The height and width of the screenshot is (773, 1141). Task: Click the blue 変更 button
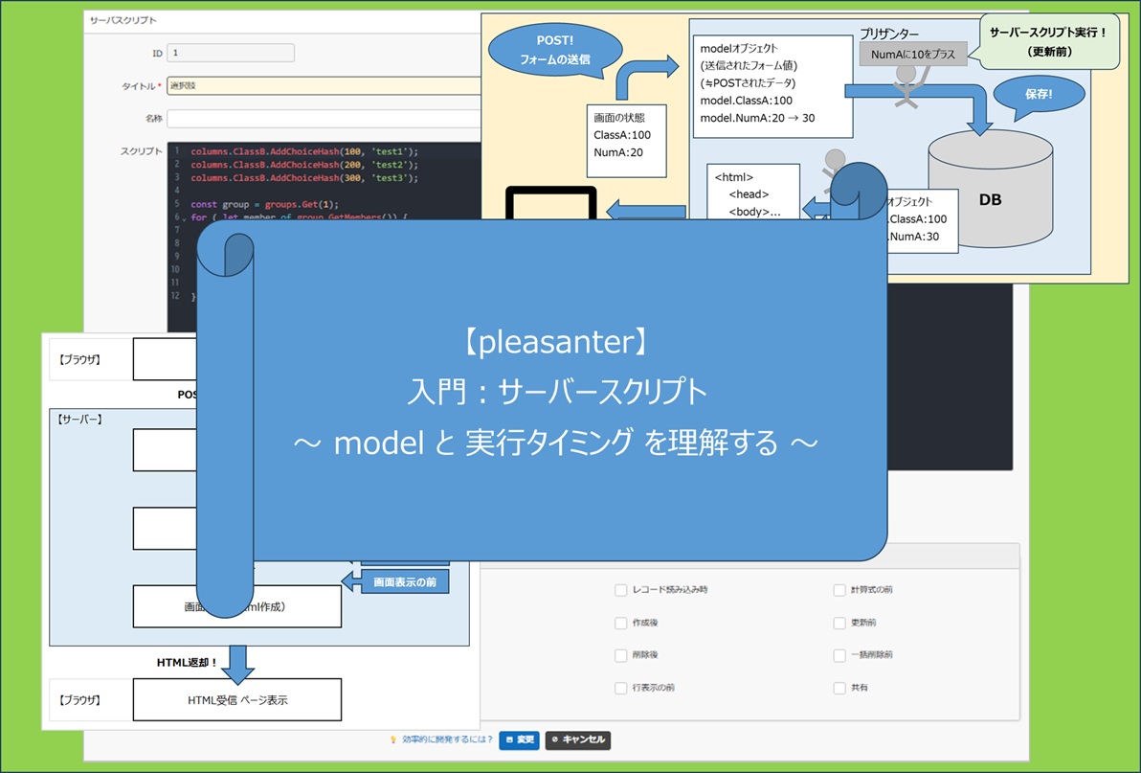[519, 739]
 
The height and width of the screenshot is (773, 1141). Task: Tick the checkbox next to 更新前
[839, 623]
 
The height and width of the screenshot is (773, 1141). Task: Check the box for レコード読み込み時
[620, 590]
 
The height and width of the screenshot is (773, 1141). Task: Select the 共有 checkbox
[839, 688]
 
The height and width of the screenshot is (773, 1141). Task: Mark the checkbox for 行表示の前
[620, 688]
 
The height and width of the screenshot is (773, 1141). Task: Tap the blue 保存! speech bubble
[1038, 95]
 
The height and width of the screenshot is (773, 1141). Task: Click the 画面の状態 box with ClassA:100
[627, 141]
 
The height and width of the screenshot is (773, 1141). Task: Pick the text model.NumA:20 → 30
[757, 118]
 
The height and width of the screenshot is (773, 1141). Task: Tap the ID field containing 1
[230, 54]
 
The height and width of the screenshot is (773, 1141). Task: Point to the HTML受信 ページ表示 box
[237, 700]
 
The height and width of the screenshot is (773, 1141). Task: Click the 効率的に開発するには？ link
[447, 739]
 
